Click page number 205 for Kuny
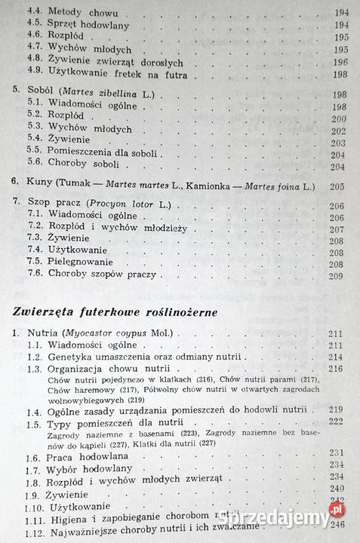coord(335,187)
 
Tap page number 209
coord(335,276)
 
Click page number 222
coord(336,422)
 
